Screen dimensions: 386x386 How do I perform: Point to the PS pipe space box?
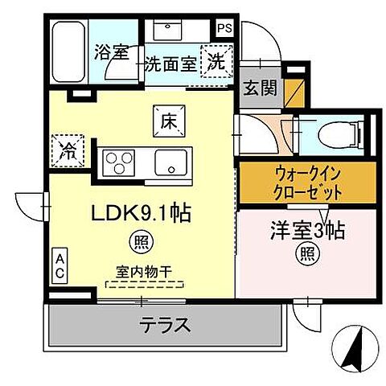[x=224, y=27]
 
